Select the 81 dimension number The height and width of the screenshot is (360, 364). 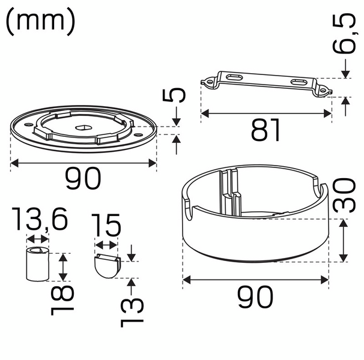(265, 130)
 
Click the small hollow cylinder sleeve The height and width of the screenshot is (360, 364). (37, 263)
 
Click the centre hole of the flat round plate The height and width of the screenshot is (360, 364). (85, 127)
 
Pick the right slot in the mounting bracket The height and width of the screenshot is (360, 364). (299, 82)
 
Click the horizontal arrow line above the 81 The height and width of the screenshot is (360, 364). (266, 112)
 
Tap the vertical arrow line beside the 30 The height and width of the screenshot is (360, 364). (343, 241)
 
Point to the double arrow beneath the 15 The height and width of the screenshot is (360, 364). (107, 245)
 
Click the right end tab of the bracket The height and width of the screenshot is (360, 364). (324, 91)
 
